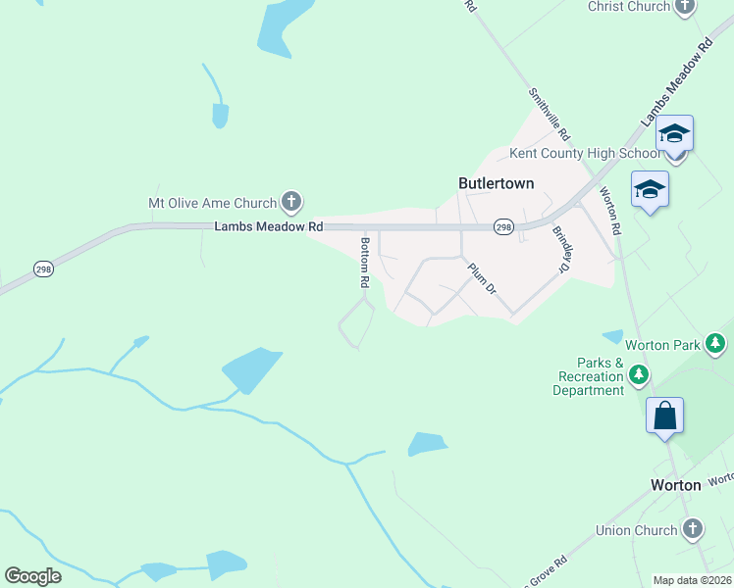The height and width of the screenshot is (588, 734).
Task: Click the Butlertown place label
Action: click(x=497, y=182)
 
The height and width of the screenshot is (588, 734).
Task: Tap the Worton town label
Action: click(x=677, y=485)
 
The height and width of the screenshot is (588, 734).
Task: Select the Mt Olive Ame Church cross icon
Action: click(x=290, y=203)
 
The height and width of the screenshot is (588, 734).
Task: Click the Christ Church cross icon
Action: click(x=685, y=7)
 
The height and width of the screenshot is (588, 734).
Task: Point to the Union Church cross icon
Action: click(x=693, y=530)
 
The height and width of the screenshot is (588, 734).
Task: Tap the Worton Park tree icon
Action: click(x=717, y=344)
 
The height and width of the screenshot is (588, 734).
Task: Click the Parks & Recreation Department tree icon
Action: click(x=639, y=375)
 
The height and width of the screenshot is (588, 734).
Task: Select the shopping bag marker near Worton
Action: click(x=664, y=416)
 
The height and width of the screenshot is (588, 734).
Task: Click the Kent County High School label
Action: click(x=585, y=153)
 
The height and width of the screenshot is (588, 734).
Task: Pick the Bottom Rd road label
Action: click(x=364, y=262)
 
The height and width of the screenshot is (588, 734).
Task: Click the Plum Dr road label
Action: click(x=482, y=278)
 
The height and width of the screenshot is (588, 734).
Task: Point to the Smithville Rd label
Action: click(x=550, y=114)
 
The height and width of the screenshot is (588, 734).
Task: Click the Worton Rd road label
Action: click(x=610, y=211)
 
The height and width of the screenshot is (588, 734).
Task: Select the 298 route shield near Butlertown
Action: click(x=502, y=226)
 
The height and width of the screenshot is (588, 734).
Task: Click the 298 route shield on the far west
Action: click(x=43, y=268)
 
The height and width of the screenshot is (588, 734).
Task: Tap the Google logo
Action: click(x=32, y=575)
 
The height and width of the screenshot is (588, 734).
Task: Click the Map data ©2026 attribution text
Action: click(x=692, y=580)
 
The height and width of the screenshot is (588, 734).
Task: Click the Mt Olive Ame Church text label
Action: click(x=212, y=203)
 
